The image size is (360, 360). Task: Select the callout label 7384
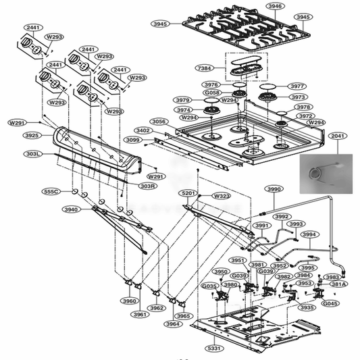[x=203, y=69]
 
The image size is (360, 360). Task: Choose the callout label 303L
[x=32, y=154]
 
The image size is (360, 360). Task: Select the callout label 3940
[x=71, y=210]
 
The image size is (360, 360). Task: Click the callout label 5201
[x=190, y=193]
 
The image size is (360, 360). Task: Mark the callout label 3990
[x=274, y=190]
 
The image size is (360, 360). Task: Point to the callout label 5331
[x=214, y=349]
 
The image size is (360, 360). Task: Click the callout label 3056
[x=159, y=122]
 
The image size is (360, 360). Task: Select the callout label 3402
[x=143, y=130]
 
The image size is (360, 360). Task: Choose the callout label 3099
[x=132, y=140]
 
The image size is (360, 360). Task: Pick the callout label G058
[x=213, y=93]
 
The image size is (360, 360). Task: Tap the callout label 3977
[x=297, y=86]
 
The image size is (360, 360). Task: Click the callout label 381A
[x=338, y=284]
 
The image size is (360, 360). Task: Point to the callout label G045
[x=330, y=303]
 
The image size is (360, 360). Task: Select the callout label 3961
[x=140, y=315]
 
